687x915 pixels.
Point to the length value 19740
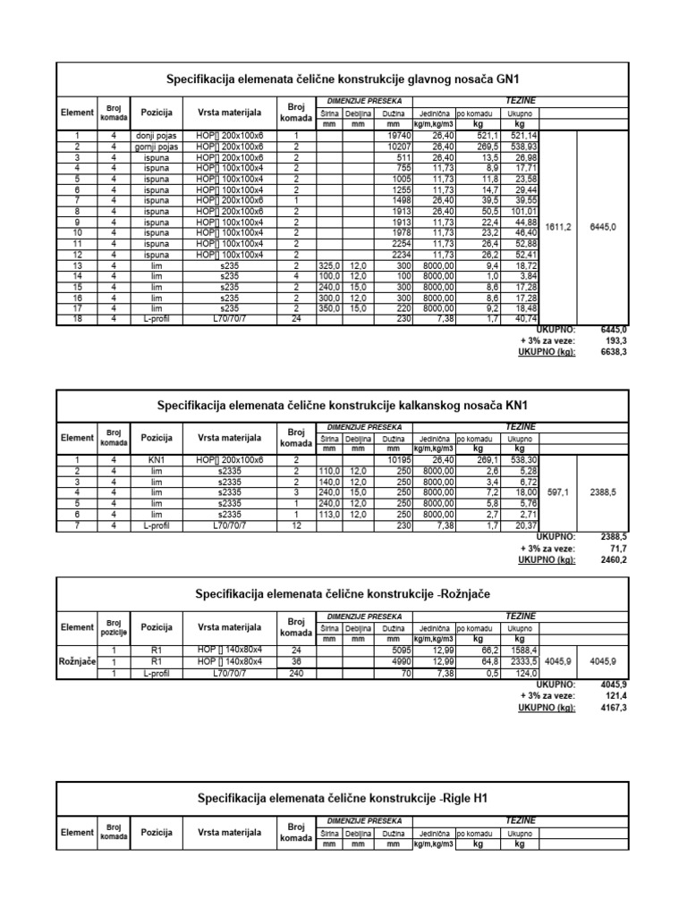[394, 136]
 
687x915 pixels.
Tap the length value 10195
[394, 460]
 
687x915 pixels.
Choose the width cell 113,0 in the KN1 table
[329, 516]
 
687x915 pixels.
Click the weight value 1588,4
[524, 650]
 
